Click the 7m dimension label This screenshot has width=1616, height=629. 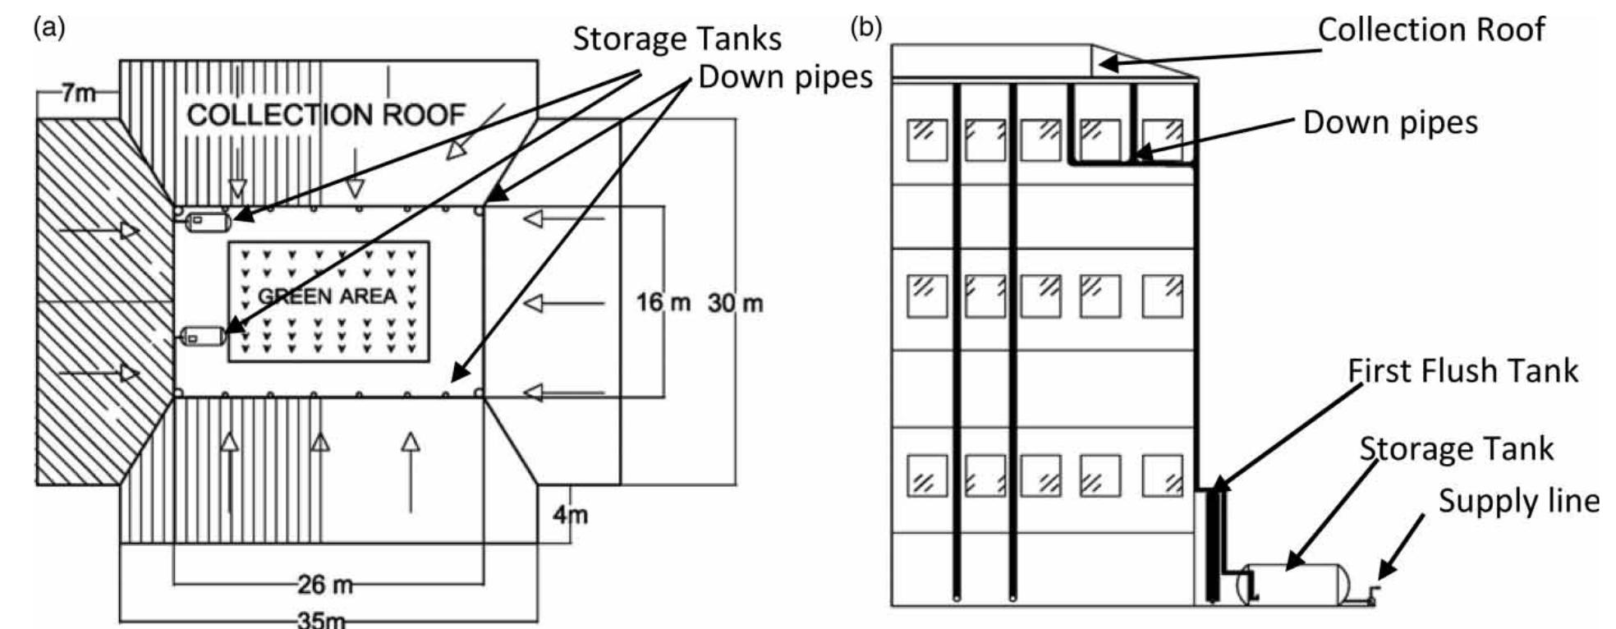tap(79, 94)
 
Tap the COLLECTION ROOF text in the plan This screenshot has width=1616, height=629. tap(326, 115)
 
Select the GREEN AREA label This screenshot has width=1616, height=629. tap(327, 296)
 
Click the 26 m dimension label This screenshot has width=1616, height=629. tap(326, 585)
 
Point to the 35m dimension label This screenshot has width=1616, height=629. tap(322, 620)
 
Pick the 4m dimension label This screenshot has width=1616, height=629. tap(571, 516)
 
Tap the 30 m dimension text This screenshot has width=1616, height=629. tap(736, 303)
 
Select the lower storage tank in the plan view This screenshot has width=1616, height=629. tap(203, 336)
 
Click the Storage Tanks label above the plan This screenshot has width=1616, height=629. tap(677, 39)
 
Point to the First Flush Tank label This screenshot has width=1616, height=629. tap(1462, 371)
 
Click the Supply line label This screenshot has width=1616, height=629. tap(1518, 501)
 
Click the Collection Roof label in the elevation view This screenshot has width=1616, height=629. tap(1431, 30)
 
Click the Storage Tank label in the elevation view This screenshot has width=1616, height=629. tap(1457, 449)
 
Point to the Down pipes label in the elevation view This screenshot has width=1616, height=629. tap(1390, 123)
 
